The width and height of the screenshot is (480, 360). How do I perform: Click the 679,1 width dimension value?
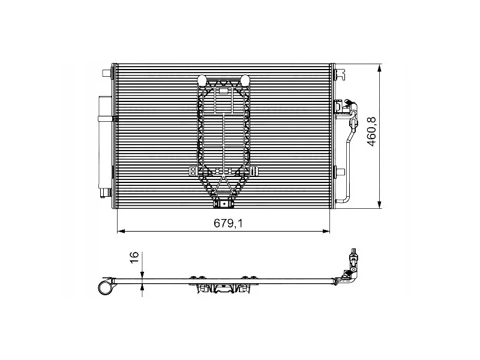coord(228,223)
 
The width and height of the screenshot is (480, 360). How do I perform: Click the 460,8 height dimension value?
coord(372,131)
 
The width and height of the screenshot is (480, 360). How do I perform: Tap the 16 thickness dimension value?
coord(134,257)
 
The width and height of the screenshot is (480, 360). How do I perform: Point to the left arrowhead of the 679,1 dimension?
coord(121,231)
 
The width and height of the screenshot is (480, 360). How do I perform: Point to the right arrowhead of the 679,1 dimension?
coord(326,231)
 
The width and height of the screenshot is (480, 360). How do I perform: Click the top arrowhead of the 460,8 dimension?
coord(380,68)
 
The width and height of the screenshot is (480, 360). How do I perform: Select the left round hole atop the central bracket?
coord(202,80)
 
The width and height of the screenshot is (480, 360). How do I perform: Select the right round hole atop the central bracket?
coord(245,80)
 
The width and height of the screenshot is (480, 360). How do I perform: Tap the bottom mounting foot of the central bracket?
coord(223,204)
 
